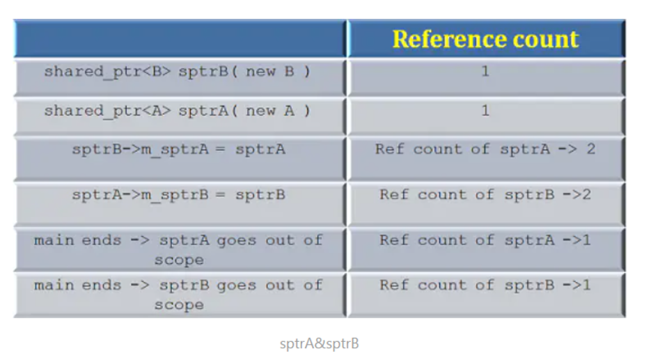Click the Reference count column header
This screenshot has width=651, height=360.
coord(485,39)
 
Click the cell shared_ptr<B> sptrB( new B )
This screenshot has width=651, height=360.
coord(178,72)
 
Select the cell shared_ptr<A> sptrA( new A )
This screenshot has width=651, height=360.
coord(178,111)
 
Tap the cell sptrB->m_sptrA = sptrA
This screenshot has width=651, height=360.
coord(178,150)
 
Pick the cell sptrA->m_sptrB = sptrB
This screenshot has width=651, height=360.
coord(178,195)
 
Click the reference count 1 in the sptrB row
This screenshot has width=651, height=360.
coord(485,72)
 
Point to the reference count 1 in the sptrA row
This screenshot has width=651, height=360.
coord(485,111)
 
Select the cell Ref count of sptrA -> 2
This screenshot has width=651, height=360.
coord(485,150)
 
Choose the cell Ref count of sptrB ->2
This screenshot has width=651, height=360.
coord(485,195)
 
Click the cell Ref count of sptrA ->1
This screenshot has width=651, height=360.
coord(485,240)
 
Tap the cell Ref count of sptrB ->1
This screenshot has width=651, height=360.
coord(485,285)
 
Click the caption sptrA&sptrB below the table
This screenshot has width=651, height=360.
coord(320,343)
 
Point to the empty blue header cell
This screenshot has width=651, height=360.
coord(180,39)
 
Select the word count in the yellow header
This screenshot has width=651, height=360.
coord(547,39)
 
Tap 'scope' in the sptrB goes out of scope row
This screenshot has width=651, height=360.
coord(179,305)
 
